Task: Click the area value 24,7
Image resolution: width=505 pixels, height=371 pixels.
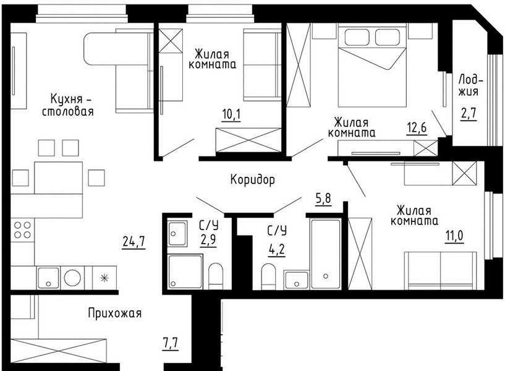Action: [134, 241]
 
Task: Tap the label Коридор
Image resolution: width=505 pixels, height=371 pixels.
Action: [252, 180]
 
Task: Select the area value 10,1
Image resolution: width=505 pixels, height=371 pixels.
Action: [231, 114]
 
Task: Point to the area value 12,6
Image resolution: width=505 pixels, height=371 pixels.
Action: [417, 128]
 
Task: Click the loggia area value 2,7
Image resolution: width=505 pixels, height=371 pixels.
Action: [469, 114]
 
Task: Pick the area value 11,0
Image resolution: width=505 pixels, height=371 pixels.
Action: [454, 236]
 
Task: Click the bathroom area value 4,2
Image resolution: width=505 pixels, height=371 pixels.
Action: [277, 249]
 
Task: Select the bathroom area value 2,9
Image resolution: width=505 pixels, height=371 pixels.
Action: [208, 240]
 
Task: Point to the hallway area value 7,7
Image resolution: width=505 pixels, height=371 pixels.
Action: [170, 343]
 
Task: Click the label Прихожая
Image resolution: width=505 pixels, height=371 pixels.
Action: [114, 313]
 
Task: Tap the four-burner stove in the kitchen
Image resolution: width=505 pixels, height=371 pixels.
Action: [22, 230]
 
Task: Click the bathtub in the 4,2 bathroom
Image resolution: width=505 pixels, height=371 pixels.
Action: [326, 254]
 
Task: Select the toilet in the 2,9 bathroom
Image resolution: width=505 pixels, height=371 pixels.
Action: [216, 276]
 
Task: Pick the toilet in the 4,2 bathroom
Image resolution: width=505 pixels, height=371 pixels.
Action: [269, 276]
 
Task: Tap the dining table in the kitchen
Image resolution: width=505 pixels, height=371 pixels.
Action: [58, 178]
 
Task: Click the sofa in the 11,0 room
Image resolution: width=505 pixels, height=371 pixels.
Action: [440, 271]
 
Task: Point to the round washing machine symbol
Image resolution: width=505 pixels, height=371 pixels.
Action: [72, 278]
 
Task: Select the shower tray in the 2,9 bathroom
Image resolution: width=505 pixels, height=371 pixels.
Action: [185, 271]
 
